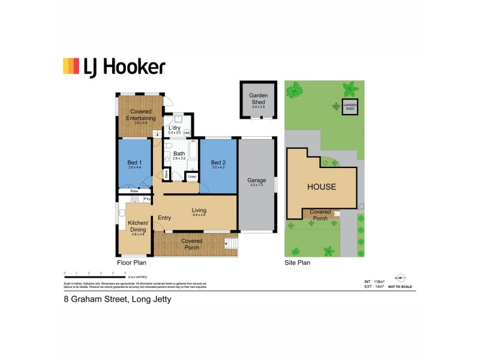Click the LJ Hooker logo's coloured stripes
click(x=71, y=66)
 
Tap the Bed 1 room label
click(x=135, y=163)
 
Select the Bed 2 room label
click(x=218, y=163)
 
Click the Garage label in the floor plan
click(x=257, y=181)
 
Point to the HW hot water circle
click(x=187, y=133)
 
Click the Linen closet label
click(x=191, y=177)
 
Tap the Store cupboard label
click(x=166, y=175)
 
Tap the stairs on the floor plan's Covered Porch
click(x=230, y=244)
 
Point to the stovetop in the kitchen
click(x=135, y=199)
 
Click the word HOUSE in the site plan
click(x=322, y=187)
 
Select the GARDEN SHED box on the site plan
click(x=350, y=106)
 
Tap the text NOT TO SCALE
click(x=401, y=287)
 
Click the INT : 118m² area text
click(x=374, y=281)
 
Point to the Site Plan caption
click(x=297, y=263)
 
